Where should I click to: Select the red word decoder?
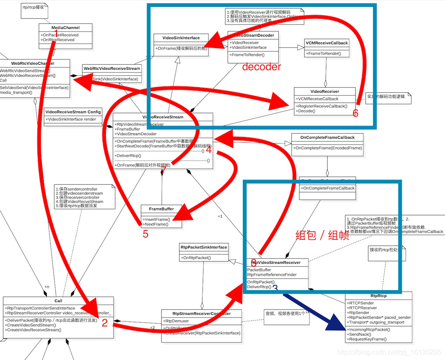pyautogui.click(x=262, y=67)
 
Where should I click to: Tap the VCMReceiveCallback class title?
pyautogui.click(x=326, y=43)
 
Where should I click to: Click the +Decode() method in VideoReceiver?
pyautogui.click(x=306, y=111)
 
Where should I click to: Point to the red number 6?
pyautogui.click(x=356, y=113)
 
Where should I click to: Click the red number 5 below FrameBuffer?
pyautogui.click(x=145, y=234)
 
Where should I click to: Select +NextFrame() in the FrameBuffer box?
pyautogui.click(x=156, y=224)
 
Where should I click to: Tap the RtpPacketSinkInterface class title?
pyautogui.click(x=204, y=247)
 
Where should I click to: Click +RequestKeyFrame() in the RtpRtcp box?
pyautogui.click(x=368, y=339)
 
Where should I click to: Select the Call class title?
pyautogui.click(x=58, y=301)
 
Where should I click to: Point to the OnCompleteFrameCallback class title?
pyautogui.click(x=327, y=137)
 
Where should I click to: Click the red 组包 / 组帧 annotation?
pyautogui.click(x=322, y=235)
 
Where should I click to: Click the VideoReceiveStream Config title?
pyautogui.click(x=73, y=112)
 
